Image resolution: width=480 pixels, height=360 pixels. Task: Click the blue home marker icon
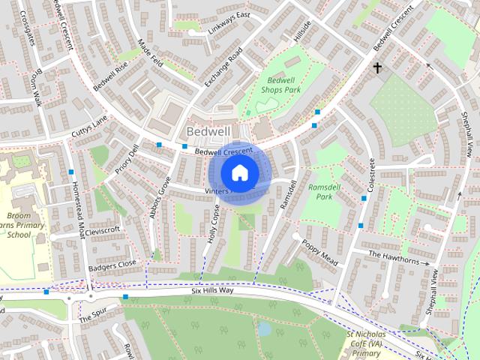(238, 172)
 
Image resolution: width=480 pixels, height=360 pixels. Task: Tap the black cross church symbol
(378, 68)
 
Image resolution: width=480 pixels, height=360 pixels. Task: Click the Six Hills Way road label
(212, 289)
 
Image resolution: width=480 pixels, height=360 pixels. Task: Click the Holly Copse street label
(214, 226)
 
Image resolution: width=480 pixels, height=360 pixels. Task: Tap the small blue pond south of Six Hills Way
(264, 328)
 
